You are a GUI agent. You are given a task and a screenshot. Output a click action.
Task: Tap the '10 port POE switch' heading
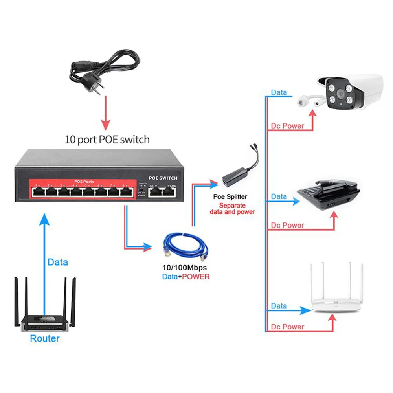(x=107, y=139)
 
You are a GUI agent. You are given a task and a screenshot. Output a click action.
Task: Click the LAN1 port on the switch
(x=154, y=192)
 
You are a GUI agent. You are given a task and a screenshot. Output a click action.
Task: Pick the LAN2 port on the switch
(x=169, y=192)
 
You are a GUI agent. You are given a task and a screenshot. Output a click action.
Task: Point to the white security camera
(x=346, y=92)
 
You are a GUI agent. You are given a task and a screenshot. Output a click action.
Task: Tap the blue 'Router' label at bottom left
(x=45, y=338)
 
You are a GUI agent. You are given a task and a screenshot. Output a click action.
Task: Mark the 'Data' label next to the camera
(x=279, y=93)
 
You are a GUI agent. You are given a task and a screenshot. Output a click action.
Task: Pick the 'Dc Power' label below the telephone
(x=288, y=226)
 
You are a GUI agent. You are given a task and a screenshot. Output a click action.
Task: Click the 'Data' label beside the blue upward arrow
(x=58, y=262)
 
